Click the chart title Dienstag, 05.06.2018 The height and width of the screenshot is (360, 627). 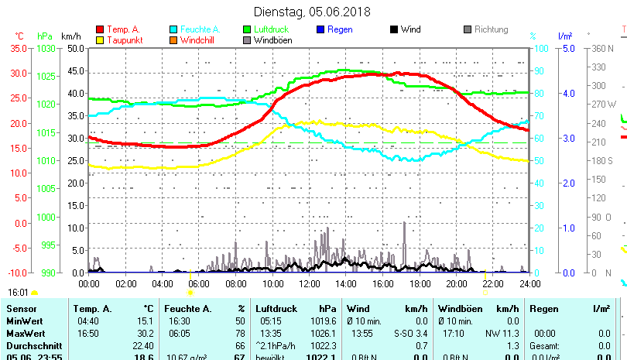tap(313, 12)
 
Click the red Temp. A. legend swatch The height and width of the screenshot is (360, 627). tap(99, 29)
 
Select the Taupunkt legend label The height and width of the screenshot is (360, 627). tap(123, 40)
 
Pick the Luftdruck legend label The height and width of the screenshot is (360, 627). tap(271, 29)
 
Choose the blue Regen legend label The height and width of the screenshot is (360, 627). tap(341, 29)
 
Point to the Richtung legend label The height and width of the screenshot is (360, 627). tap(491, 29)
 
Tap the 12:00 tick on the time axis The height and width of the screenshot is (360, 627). tap(309, 283)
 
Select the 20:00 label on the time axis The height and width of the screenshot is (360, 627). tap(456, 283)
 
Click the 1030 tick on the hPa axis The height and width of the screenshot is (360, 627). tap(46, 48)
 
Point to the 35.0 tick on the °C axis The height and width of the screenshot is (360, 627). tap(17, 48)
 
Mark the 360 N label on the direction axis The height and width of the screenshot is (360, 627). tap(602, 48)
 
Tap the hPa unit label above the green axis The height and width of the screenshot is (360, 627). tap(45, 36)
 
